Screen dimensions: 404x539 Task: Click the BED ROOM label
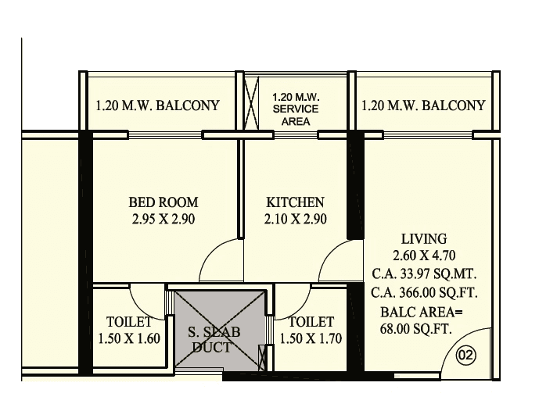(163, 202)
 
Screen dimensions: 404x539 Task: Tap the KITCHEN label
(294, 202)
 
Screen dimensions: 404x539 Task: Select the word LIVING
(424, 238)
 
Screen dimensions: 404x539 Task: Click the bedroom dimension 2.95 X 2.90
(163, 220)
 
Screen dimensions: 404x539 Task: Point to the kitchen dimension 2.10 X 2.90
(295, 220)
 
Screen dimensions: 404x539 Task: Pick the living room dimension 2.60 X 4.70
(424, 256)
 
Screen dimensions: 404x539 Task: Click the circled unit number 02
(465, 356)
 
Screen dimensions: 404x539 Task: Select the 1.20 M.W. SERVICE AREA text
(295, 109)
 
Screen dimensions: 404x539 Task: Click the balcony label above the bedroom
(157, 105)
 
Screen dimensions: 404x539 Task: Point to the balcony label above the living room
(423, 105)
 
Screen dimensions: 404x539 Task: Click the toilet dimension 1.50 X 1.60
(129, 338)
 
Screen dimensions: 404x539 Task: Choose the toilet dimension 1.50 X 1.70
(311, 338)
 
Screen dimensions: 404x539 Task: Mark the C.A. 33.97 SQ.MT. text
(424, 274)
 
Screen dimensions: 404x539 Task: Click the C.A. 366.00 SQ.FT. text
(424, 293)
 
